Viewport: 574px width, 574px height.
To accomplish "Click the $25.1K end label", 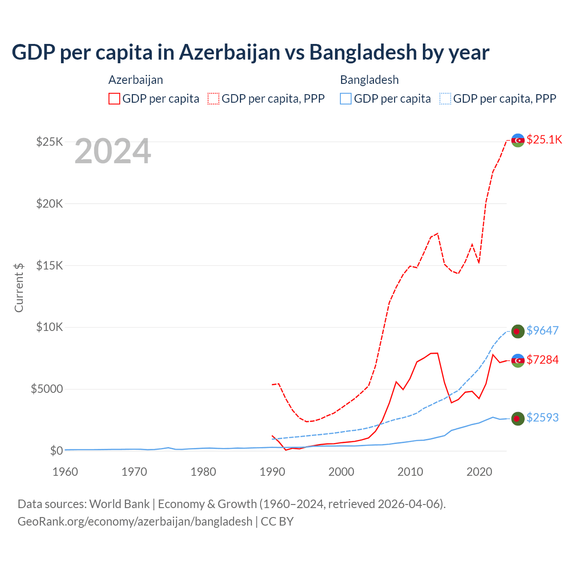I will click(544, 139).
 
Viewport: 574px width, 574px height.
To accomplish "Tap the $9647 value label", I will click(542, 330).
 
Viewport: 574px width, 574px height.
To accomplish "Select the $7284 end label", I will click(542, 360).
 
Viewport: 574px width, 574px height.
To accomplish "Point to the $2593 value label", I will click(542, 417).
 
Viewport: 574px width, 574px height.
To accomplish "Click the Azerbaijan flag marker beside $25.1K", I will click(518, 140).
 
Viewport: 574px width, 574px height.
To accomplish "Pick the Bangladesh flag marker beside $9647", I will click(518, 331).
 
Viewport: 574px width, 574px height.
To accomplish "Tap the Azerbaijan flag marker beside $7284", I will click(518, 361).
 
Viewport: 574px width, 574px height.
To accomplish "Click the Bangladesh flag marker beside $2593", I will click(518, 418).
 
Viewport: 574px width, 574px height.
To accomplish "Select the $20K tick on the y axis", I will click(50, 204).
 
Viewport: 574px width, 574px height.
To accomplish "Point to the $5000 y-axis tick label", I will click(47, 389).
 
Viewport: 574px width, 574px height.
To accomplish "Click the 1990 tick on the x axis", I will click(272, 472).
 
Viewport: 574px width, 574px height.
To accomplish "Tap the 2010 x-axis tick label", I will click(410, 472).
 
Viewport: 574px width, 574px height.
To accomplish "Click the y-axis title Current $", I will click(19, 287).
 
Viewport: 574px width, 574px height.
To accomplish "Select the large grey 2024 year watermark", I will click(113, 152).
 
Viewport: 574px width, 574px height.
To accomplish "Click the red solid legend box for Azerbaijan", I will click(114, 99).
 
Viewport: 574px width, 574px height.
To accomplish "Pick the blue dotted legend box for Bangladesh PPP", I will click(445, 99).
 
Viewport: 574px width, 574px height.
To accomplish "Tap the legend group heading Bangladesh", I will click(370, 80).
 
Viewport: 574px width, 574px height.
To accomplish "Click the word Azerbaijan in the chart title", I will click(230, 52).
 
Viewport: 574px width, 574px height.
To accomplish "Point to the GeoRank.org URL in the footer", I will click(135, 522).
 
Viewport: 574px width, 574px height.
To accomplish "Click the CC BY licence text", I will click(277, 522).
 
